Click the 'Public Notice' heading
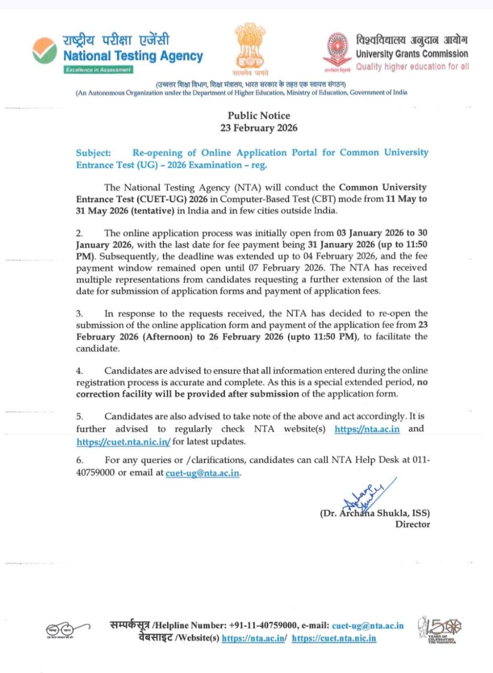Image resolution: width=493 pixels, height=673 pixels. coord(259,116)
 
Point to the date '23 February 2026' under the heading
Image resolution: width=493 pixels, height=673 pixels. coord(259,128)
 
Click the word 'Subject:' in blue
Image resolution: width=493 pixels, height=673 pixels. coord(94,152)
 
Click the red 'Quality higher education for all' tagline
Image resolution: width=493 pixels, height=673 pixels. coord(413,66)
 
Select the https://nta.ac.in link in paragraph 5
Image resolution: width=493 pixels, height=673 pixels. coord(367,429)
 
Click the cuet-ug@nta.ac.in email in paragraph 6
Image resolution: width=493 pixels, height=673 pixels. coord(202,473)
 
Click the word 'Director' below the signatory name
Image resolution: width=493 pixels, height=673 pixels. coord(413,524)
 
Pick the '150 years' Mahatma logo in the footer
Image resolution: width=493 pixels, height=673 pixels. coord(437,630)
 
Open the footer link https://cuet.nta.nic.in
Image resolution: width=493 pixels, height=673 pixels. coord(334,638)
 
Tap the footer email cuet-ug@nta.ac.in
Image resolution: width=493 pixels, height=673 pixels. coord(367,626)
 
